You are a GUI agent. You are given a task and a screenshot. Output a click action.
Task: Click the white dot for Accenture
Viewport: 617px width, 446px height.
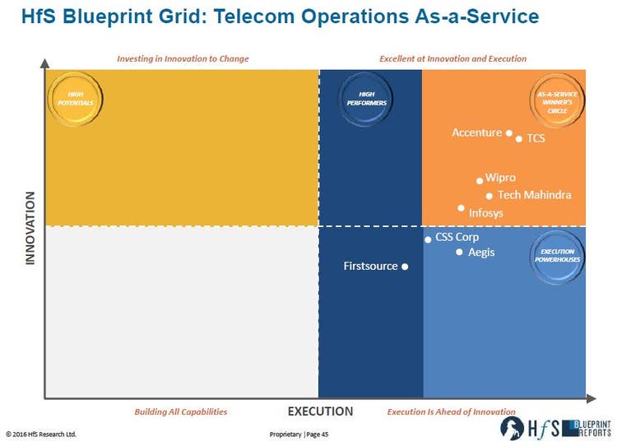click(509, 133)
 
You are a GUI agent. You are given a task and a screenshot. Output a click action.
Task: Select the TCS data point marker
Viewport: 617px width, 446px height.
click(519, 139)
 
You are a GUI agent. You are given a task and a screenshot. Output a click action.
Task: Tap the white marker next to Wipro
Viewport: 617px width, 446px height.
click(480, 180)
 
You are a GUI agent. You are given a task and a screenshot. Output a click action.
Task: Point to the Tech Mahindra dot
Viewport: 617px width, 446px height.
click(489, 196)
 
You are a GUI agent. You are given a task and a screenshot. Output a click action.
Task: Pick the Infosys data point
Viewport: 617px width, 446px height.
click(462, 208)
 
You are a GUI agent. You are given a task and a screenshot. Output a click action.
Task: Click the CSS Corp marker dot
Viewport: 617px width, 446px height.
click(428, 239)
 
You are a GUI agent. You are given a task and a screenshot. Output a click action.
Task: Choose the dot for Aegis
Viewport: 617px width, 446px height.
click(460, 252)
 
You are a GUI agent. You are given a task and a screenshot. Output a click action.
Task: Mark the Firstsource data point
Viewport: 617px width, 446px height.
click(405, 267)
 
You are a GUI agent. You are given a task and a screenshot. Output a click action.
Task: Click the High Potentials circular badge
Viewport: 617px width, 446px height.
click(70, 99)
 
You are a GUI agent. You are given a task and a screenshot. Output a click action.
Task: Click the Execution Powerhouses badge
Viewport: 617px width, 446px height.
click(558, 255)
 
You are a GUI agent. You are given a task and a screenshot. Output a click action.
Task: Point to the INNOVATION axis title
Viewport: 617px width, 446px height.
click(30, 228)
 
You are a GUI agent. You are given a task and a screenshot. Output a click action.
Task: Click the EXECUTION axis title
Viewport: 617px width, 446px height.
click(320, 411)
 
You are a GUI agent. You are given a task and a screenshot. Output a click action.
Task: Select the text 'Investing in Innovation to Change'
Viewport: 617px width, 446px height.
click(183, 59)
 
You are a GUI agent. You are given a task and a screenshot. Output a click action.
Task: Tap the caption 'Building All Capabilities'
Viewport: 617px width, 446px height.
click(181, 411)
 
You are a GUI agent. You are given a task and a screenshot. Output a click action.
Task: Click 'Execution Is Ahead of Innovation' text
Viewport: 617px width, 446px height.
click(452, 411)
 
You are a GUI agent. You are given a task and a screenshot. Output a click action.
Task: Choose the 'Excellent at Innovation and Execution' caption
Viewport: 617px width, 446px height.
click(452, 59)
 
